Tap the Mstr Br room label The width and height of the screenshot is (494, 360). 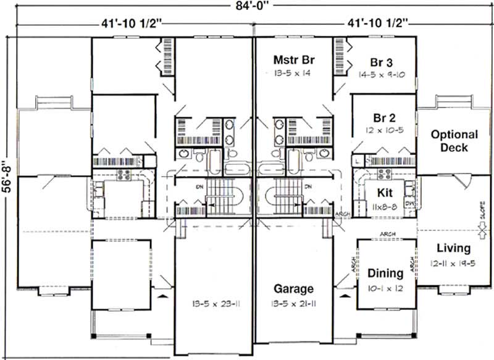pos(295,60)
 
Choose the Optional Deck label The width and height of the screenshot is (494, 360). pos(454,141)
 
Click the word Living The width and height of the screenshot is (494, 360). pos(453,248)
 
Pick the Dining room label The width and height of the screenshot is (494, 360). pos(385,272)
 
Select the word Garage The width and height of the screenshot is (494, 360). pos(295,288)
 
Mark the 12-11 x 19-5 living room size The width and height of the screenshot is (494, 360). pos(453,262)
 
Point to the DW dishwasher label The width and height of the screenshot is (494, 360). pos(408,202)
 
